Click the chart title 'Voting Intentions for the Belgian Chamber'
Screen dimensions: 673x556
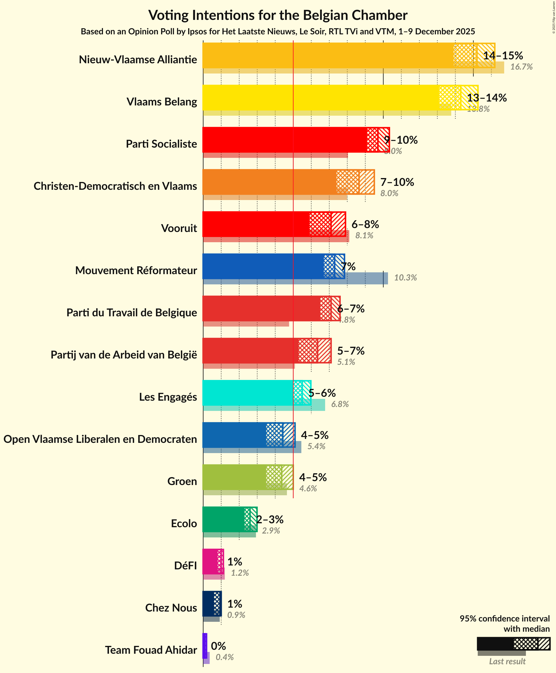[x=278, y=15]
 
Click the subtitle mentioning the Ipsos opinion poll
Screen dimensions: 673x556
[x=278, y=31]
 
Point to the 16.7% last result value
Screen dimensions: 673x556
[x=521, y=67]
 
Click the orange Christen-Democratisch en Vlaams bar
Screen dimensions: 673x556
[x=269, y=182]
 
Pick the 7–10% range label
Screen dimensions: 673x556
[x=397, y=182]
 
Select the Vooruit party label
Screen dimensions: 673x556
[x=179, y=228]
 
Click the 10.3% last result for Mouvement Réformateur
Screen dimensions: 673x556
[x=405, y=277]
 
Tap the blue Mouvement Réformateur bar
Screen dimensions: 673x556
[x=262, y=266]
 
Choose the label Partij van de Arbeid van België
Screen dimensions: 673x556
[x=124, y=355]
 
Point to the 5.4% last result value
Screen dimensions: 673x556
[x=316, y=446]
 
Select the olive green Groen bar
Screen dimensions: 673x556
[x=234, y=477]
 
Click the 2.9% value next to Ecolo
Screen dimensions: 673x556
[x=271, y=531]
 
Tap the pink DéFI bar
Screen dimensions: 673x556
[x=210, y=562]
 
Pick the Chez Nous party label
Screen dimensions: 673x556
[x=171, y=608]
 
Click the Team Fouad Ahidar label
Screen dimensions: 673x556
[x=151, y=650]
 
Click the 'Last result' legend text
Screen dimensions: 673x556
[x=507, y=661]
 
